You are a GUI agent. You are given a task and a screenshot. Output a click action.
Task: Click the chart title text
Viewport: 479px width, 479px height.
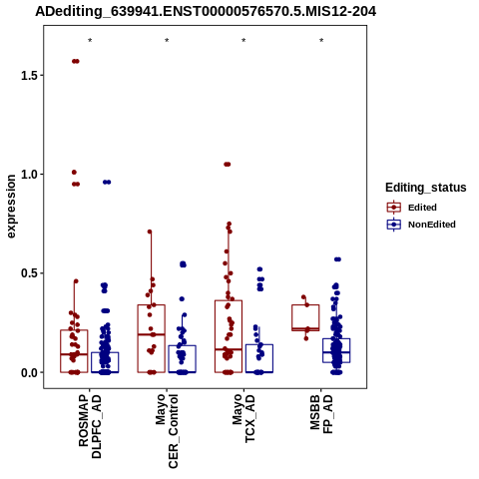tap(206, 11)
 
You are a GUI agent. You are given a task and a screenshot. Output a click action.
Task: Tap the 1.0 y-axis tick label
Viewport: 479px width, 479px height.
tap(28, 175)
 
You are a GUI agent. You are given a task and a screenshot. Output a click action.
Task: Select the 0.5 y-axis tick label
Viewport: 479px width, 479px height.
tap(28, 273)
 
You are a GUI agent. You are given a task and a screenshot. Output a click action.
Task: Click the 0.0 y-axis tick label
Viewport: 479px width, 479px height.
tap(28, 372)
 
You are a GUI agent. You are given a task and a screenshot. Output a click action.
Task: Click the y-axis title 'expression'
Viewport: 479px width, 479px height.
tap(11, 207)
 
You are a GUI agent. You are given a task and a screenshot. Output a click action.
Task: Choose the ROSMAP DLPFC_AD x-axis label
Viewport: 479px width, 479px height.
tap(90, 427)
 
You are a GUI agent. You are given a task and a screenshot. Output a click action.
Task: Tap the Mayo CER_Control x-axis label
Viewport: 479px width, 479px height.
tap(167, 431)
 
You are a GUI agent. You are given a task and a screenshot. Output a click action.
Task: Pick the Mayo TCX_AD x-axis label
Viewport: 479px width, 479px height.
tap(243, 418)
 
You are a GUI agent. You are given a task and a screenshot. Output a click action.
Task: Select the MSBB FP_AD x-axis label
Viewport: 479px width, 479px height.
tap(321, 414)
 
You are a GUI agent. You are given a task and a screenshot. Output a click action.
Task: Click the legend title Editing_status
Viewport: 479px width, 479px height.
tap(426, 188)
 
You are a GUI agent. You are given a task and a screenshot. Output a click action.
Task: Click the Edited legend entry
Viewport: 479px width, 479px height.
tap(412, 208)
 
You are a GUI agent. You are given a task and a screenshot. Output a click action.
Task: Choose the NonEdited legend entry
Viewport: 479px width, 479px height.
tap(421, 225)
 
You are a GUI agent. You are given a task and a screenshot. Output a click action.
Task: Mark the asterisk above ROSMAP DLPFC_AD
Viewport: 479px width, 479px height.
tap(90, 41)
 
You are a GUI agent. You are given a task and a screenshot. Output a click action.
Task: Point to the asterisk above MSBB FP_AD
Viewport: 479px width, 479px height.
tap(321, 41)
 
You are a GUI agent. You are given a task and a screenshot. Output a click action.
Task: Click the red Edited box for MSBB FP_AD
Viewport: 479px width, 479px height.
tap(305, 305)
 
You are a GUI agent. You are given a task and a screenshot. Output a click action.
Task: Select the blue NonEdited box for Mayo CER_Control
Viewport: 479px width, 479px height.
tap(182, 345)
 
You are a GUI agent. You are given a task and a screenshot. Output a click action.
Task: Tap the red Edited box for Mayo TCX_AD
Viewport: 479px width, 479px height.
tap(229, 300)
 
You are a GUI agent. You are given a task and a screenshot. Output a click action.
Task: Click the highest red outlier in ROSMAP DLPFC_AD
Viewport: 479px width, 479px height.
tap(76, 61)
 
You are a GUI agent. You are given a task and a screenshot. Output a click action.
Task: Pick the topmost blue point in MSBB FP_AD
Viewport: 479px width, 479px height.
tap(337, 259)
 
